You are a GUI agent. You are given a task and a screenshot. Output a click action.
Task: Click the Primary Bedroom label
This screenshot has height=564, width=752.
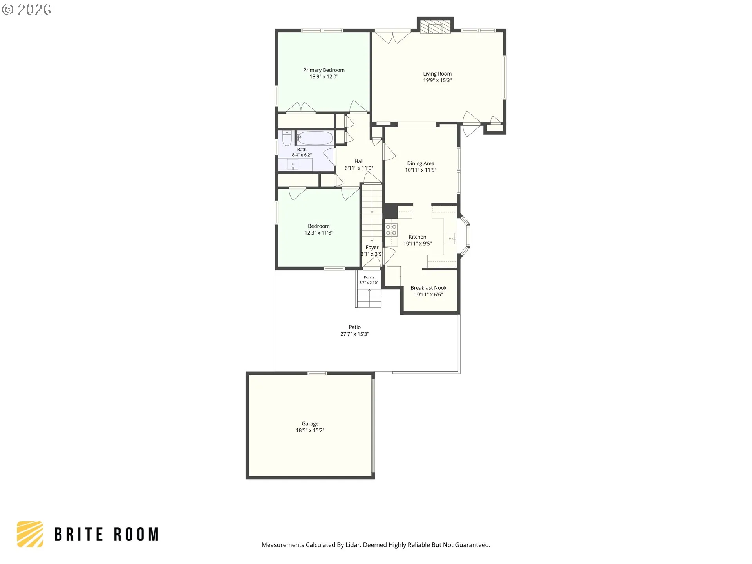[324, 70]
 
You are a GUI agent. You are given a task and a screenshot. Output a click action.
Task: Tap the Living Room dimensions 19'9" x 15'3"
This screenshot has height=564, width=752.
[437, 80]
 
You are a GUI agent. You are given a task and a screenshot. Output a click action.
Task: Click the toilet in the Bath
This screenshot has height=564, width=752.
[287, 138]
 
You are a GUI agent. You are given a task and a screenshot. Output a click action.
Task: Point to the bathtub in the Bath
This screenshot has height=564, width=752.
[315, 138]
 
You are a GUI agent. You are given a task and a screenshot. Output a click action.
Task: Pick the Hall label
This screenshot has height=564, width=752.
[359, 161]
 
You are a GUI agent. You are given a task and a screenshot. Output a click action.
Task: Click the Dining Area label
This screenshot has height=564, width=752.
[421, 163]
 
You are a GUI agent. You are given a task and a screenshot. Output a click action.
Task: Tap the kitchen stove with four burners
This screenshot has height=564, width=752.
[391, 230]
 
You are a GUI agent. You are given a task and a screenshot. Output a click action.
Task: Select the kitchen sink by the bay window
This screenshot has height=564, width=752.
[450, 238]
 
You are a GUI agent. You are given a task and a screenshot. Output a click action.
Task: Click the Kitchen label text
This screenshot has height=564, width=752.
[418, 237]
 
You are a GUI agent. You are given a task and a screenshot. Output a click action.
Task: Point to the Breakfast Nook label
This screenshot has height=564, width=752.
[428, 288]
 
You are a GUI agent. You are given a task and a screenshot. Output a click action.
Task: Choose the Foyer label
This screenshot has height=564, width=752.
[372, 247]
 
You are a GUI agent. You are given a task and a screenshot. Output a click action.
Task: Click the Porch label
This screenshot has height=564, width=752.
[369, 277]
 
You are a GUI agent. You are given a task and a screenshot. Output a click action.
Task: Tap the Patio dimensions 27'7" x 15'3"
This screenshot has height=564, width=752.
[355, 334]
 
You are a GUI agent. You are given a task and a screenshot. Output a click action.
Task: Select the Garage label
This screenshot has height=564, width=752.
[310, 424]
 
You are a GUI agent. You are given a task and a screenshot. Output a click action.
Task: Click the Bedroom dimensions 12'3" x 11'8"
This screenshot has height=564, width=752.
[319, 233]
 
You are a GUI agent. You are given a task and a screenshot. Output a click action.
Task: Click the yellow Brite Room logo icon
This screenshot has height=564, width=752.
[30, 534]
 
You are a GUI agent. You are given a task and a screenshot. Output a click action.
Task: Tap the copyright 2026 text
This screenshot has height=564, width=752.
[27, 10]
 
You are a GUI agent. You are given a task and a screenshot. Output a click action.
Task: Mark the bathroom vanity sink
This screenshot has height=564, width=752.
[293, 164]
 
